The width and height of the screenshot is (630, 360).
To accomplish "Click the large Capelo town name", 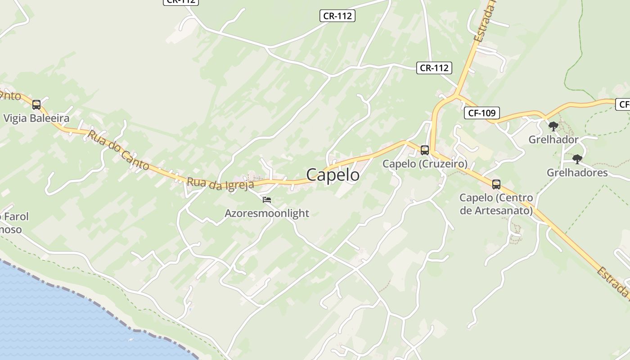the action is click(333, 175).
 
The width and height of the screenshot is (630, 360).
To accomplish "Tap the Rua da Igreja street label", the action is click(220, 184).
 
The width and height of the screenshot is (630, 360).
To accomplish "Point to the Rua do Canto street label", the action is click(119, 150).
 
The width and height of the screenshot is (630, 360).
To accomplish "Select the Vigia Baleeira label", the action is click(36, 118).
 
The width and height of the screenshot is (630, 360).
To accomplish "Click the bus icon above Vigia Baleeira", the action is click(36, 105).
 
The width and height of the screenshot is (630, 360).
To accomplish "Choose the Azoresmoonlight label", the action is click(267, 213).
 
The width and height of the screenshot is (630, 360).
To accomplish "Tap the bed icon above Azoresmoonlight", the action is click(267, 199).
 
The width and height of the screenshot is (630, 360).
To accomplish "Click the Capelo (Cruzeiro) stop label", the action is click(425, 164).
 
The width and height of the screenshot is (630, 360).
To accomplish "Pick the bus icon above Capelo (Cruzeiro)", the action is click(424, 150).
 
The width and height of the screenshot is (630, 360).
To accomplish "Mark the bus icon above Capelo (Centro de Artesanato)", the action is click(496, 184).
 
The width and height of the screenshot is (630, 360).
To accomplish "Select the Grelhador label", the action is click(553, 139).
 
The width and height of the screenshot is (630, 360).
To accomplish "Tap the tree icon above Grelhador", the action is click(553, 126).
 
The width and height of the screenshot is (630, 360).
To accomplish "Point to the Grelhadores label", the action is click(577, 173).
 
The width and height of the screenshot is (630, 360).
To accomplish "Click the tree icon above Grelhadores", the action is click(577, 159).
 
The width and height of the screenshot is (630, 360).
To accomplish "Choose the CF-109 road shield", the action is click(481, 113).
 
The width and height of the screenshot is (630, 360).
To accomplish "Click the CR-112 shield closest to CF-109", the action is click(434, 68).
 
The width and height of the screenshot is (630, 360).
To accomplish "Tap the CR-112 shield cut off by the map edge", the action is click(180, 1).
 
